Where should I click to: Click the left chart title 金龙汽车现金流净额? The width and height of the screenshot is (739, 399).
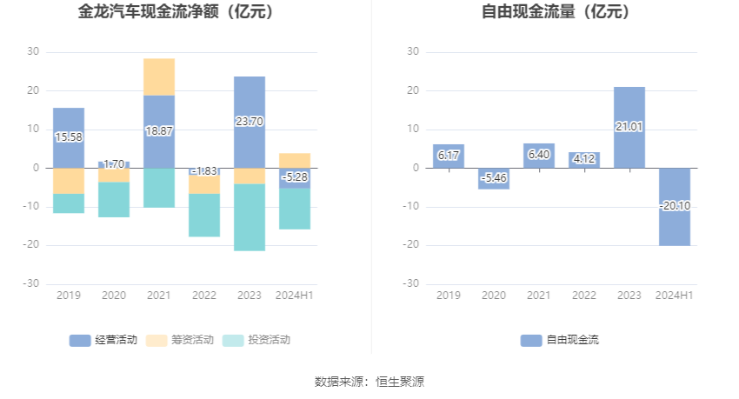tap(176, 12)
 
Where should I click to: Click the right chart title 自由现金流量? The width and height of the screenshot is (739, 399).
tap(556, 12)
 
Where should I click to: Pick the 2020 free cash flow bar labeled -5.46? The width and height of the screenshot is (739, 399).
tap(493, 178)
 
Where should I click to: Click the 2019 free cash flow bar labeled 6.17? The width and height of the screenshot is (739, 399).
tap(448, 156)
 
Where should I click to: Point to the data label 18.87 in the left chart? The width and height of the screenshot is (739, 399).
tap(158, 130)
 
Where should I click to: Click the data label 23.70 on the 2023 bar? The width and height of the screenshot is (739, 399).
tap(249, 122)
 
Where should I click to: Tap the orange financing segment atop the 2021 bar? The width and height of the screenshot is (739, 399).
tap(159, 76)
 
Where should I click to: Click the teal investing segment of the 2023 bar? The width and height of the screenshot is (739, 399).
tap(250, 217)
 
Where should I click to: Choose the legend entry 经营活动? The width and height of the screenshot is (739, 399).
tap(103, 340)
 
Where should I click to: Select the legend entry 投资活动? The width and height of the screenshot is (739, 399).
tap(256, 340)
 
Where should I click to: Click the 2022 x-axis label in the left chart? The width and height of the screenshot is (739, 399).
tap(203, 296)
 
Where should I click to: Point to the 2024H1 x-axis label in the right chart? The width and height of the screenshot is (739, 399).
tap(674, 296)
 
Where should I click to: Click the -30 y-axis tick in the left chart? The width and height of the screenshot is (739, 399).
tap(31, 283)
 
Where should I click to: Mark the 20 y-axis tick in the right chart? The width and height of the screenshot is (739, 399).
tap(414, 90)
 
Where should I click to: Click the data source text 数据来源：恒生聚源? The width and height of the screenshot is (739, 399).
tap(369, 382)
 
